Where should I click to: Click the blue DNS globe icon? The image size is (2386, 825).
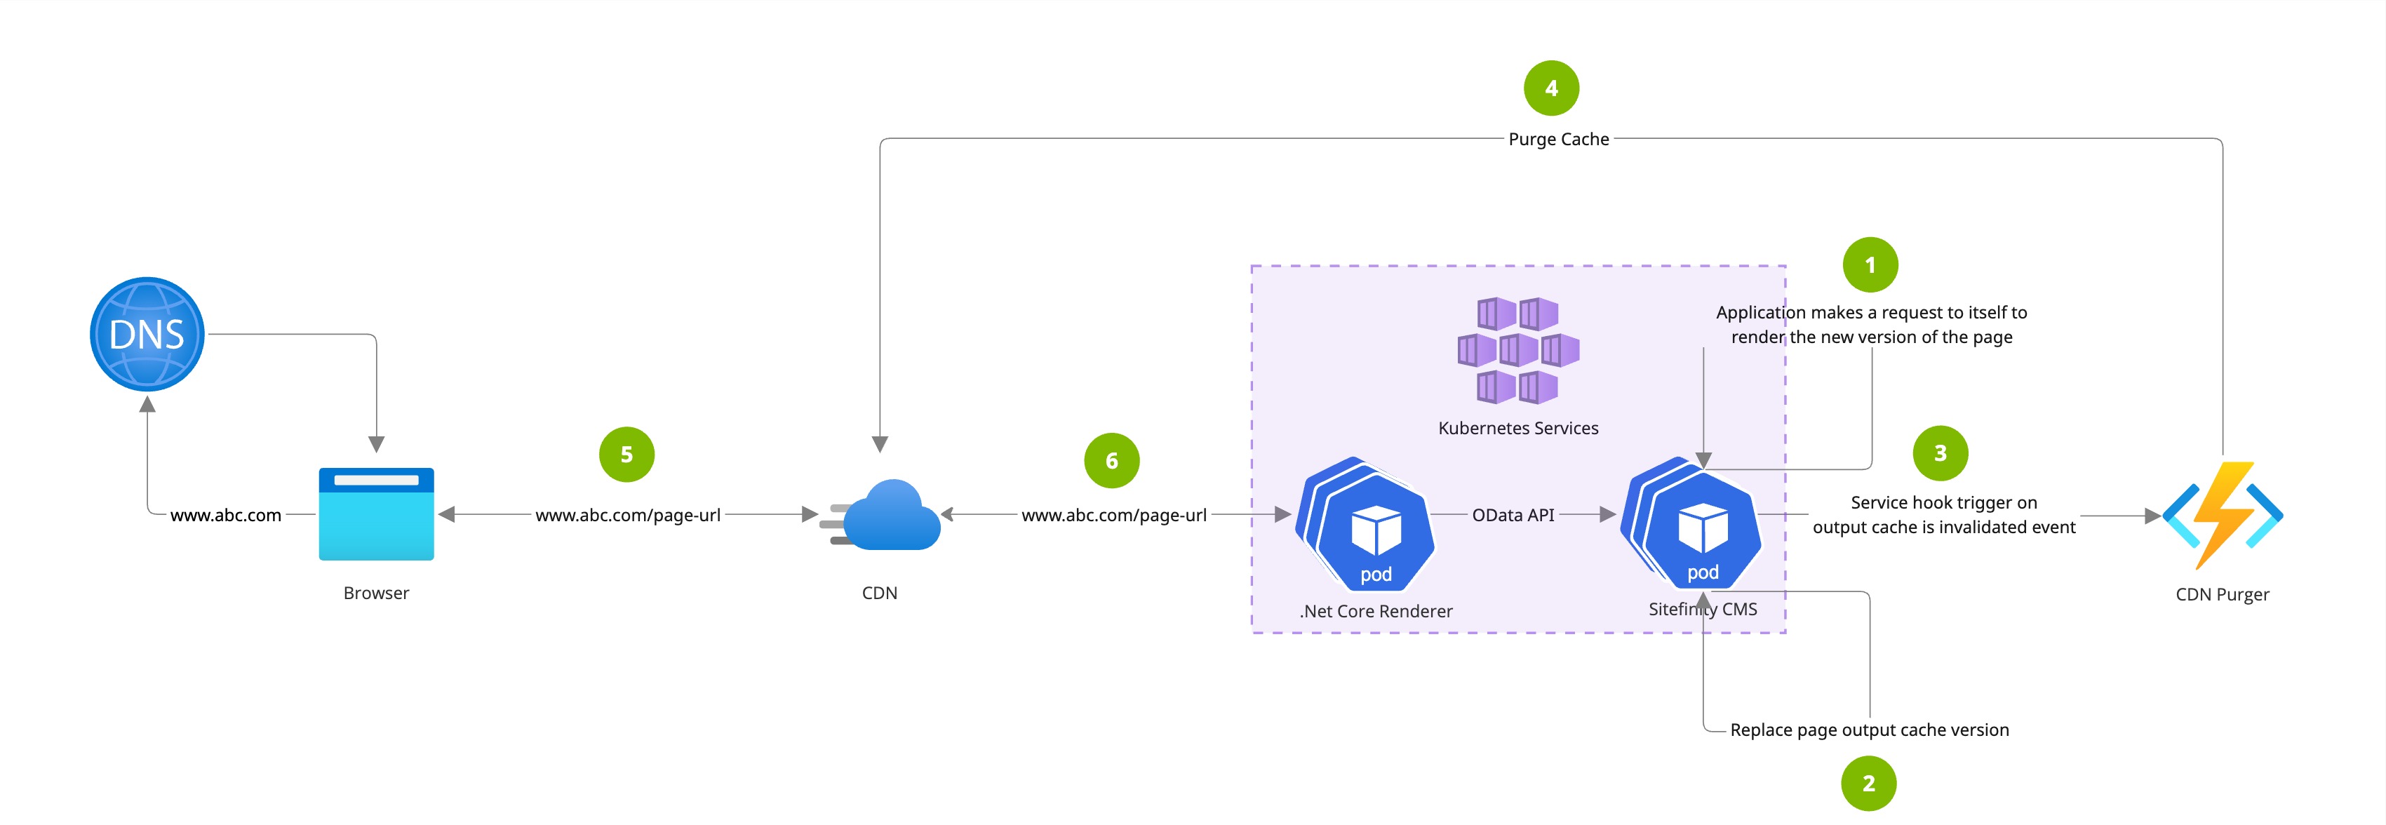pos(147,334)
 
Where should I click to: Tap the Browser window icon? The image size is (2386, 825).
pos(376,514)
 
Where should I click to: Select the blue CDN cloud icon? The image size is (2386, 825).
pos(885,515)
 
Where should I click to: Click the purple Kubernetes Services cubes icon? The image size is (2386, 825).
pos(1518,351)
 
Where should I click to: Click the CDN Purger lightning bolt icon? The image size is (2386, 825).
pos(2222,515)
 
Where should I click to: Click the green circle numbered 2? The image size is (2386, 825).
pos(1868,784)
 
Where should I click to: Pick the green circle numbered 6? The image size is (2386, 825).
pos(1111,460)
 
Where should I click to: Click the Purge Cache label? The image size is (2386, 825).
pos(1559,139)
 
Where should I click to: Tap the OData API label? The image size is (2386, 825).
pos(1513,515)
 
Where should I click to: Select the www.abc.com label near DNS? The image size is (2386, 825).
pos(226,515)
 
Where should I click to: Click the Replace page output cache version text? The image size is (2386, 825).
pos(1869,730)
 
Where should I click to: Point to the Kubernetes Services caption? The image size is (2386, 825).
pos(1518,428)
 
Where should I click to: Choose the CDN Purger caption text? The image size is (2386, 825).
pos(2222,594)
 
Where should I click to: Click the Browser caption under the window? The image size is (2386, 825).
pos(376,593)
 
